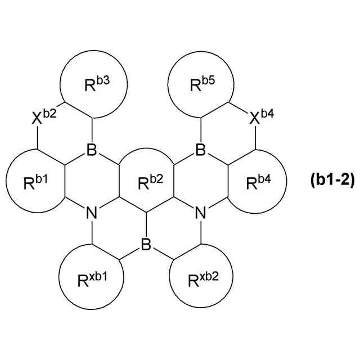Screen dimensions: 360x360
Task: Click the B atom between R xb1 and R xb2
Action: (146, 245)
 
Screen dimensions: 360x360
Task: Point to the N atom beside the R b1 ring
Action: (92, 213)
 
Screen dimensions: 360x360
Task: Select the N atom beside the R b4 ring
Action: (201, 213)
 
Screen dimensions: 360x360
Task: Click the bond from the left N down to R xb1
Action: (92, 232)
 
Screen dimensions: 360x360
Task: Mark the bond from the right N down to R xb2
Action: (201, 232)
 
